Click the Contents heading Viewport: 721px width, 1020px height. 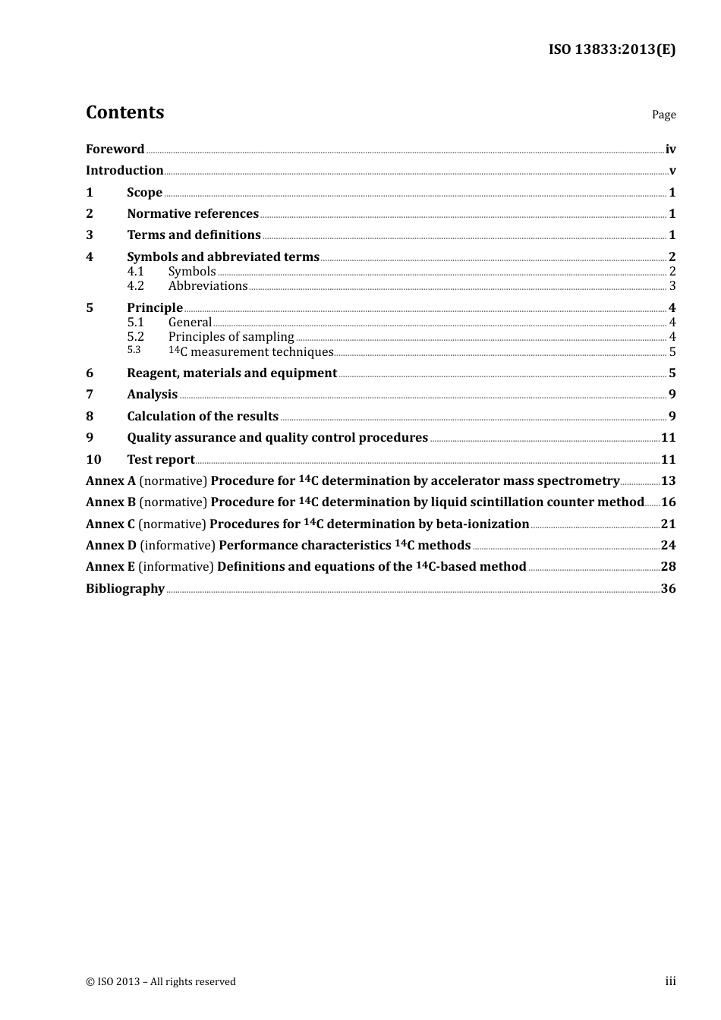(124, 112)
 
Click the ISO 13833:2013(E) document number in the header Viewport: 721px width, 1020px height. (612, 50)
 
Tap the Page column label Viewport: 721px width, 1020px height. (663, 115)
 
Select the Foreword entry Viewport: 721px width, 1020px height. (115, 150)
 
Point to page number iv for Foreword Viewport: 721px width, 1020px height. (670, 150)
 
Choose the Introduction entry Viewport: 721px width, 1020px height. (124, 171)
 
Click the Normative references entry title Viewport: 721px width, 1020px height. (193, 214)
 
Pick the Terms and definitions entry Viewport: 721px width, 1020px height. (194, 235)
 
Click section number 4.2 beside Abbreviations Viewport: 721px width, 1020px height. (135, 286)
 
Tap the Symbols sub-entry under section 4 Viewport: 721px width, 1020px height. (192, 272)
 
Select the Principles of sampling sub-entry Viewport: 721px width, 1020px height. (231, 337)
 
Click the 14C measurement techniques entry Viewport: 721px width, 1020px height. (250, 351)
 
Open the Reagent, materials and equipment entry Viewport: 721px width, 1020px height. (231, 373)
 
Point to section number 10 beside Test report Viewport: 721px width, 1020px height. (93, 460)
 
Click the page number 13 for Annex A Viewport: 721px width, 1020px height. (668, 481)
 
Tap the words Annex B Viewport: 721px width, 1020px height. (110, 502)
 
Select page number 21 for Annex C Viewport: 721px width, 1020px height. (668, 524)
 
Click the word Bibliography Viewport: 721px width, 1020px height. (125, 589)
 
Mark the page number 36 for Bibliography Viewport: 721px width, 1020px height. (668, 589)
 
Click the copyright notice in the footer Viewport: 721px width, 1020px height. (161, 982)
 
